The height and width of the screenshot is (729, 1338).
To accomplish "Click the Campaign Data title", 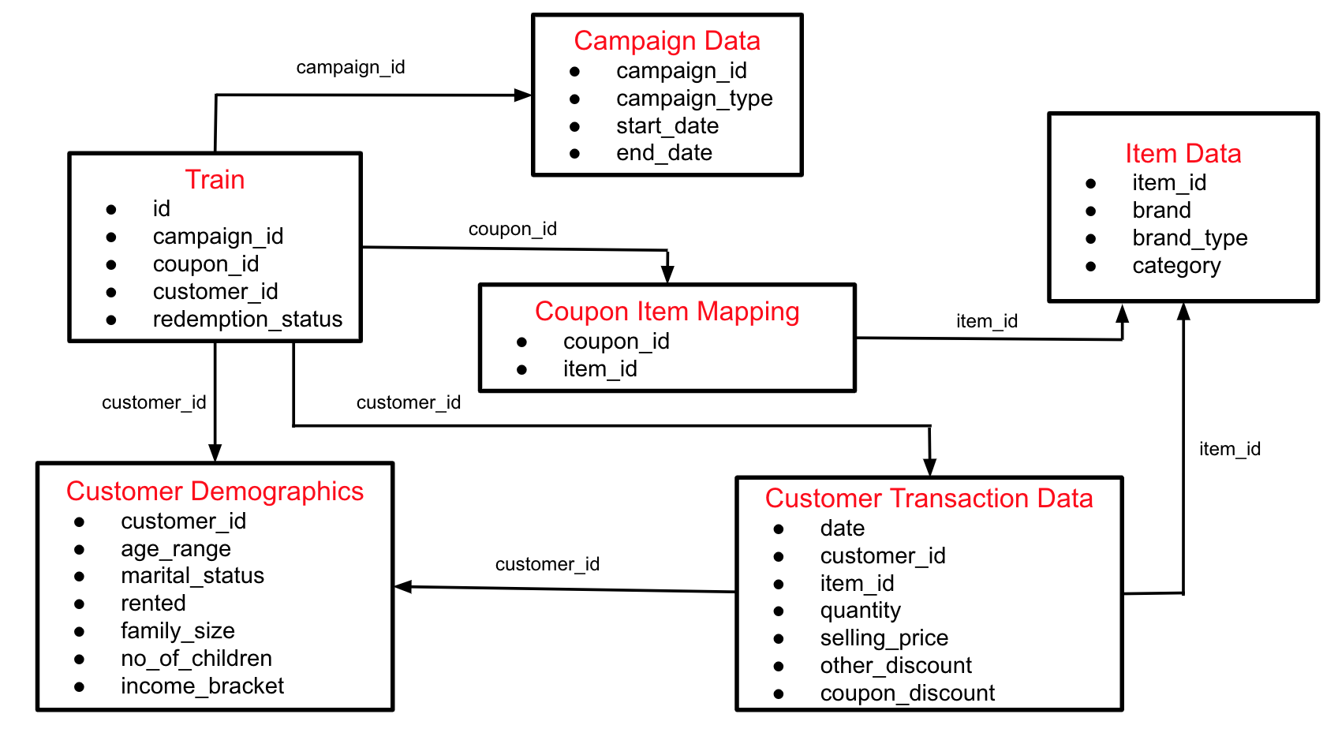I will pos(667,40).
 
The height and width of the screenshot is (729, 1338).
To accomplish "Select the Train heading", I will pos(215,179).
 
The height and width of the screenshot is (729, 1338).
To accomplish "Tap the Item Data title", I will pos(1183,153).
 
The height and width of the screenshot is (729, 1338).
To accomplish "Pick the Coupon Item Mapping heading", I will pos(667,311).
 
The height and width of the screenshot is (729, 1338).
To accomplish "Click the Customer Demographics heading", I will pos(215,491).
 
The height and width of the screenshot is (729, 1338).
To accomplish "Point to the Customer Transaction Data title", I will pos(929,498).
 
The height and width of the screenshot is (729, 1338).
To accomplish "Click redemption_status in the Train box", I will pos(247,319).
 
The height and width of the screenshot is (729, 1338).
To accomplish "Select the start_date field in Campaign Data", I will pos(667,125).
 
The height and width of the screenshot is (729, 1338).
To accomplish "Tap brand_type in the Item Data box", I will pos(1189,237).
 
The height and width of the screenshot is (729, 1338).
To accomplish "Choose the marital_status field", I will pos(192,575).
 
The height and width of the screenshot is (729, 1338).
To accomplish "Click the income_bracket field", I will pos(202,686).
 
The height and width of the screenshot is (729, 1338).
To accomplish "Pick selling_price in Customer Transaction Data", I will pos(884,637).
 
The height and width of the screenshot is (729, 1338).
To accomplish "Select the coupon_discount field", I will pos(906,693).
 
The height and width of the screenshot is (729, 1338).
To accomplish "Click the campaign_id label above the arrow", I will pos(350,67).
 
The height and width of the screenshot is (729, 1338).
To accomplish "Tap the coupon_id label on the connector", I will pos(512,229).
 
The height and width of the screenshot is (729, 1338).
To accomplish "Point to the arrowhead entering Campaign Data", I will pos(524,95).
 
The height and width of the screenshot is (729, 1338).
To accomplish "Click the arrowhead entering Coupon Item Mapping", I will pos(667,275).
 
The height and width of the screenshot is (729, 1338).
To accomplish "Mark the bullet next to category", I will pos(1090,266).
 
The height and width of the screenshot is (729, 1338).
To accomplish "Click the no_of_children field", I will pos(196,658).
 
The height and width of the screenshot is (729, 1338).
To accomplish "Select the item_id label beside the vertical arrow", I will pos(1229,449).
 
